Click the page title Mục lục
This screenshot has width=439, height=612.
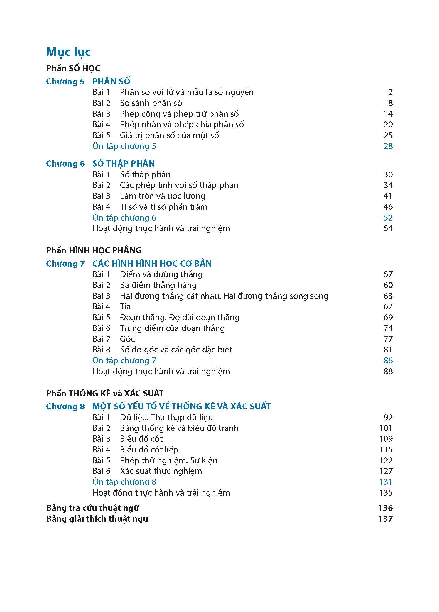pos(68,52)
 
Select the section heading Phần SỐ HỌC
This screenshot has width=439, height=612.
pos(73,68)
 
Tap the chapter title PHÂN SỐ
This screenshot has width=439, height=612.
pos(111,82)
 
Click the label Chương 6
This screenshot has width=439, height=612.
pos(65,164)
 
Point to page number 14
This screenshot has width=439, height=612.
pos(388,114)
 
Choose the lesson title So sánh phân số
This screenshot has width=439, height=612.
pos(151,103)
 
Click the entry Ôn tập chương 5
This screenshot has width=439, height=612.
pos(124,146)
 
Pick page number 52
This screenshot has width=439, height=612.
pos(388,218)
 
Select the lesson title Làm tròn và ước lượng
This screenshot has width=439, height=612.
pos(162,196)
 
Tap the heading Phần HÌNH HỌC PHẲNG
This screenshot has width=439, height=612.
pos(94,250)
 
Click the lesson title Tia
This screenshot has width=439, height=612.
pos(125,306)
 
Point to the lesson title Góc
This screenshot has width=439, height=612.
pos(127,339)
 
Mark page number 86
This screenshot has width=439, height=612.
pos(388,360)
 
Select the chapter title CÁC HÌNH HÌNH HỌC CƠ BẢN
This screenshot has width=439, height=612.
pos(152,264)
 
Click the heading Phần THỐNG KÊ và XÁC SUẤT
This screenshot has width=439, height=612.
pos(105,393)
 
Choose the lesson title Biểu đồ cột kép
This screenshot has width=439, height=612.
pos(149,450)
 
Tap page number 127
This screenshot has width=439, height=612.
pos(386,471)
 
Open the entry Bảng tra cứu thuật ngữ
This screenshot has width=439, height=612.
pos(92,508)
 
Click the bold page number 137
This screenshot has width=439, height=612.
pos(385,519)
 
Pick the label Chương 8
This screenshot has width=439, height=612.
pos(65,406)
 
